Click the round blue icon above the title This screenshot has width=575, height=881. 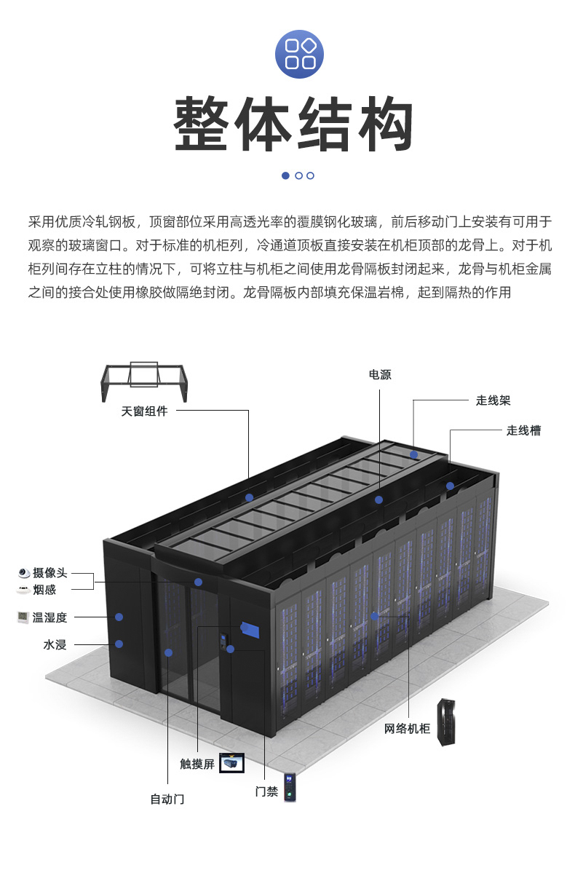[x=299, y=54]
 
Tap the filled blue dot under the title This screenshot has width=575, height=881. [x=285, y=175]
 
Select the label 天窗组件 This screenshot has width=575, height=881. [x=144, y=411]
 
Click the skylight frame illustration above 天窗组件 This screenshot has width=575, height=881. [x=144, y=380]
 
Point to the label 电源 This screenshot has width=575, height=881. [x=379, y=374]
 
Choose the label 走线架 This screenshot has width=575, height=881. [x=493, y=400]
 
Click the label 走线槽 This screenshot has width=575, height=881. [x=523, y=430]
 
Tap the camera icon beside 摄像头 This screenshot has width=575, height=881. [x=24, y=572]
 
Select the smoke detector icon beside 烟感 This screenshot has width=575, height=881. [x=24, y=589]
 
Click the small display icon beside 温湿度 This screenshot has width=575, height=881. [x=23, y=617]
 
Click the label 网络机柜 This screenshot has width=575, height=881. [x=407, y=728]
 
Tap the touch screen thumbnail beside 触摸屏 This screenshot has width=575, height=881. [x=231, y=762]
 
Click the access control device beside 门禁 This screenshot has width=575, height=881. [x=290, y=787]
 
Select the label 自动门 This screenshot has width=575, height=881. [x=167, y=799]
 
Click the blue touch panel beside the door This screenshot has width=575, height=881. [x=250, y=628]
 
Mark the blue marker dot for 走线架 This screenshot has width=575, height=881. [x=413, y=454]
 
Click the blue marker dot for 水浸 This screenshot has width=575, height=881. [x=119, y=644]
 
